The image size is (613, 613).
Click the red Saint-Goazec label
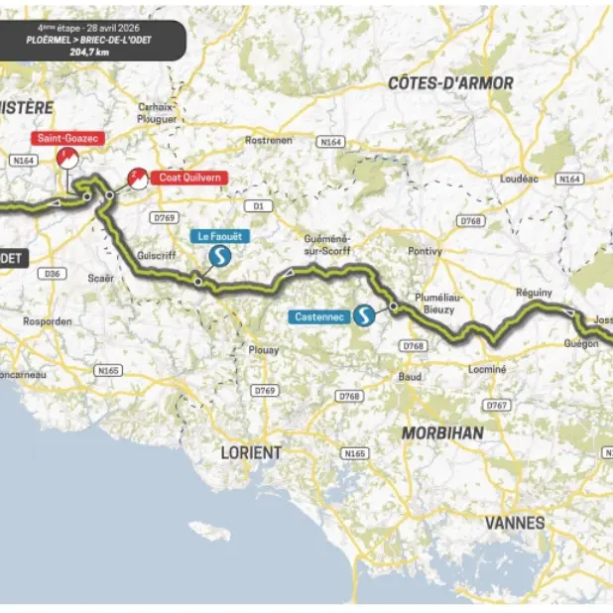(x=66, y=140)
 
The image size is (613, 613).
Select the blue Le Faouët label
(x=217, y=236)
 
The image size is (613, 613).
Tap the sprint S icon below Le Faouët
(x=218, y=258)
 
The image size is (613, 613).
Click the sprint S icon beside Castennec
(x=366, y=316)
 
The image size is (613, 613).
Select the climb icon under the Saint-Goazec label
(x=66, y=159)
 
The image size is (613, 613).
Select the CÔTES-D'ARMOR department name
(x=451, y=83)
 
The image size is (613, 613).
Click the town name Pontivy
(x=423, y=253)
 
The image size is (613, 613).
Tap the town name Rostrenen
(x=269, y=140)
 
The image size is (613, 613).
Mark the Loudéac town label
(x=520, y=181)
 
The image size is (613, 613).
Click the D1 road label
(x=259, y=206)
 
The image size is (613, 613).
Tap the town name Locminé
(x=487, y=369)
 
